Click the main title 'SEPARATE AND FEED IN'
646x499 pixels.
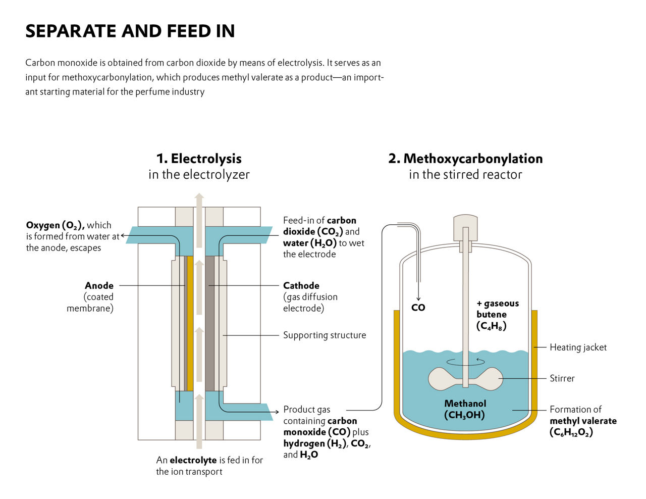[x=130, y=31]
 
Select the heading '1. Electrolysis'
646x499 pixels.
[x=199, y=159]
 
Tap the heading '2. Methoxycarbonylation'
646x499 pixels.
[x=465, y=159]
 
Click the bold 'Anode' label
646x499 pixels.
[x=99, y=285]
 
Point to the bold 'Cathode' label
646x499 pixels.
[x=301, y=285]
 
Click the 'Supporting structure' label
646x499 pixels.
[x=324, y=335]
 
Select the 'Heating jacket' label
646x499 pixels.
[x=578, y=347]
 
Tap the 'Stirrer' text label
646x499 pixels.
[x=562, y=378]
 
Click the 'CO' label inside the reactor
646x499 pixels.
[x=418, y=308]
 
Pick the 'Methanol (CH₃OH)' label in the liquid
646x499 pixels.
[x=465, y=409]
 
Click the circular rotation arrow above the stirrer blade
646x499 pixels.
[x=465, y=362]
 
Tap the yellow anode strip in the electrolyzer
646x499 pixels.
[x=190, y=323]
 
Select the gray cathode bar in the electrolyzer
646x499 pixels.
[x=209, y=323]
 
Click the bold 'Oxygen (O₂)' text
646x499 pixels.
[x=56, y=225]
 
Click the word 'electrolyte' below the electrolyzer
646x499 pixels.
[x=193, y=460]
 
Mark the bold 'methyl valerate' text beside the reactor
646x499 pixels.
[x=583, y=421]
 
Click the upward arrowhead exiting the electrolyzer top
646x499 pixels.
[x=199, y=197]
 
